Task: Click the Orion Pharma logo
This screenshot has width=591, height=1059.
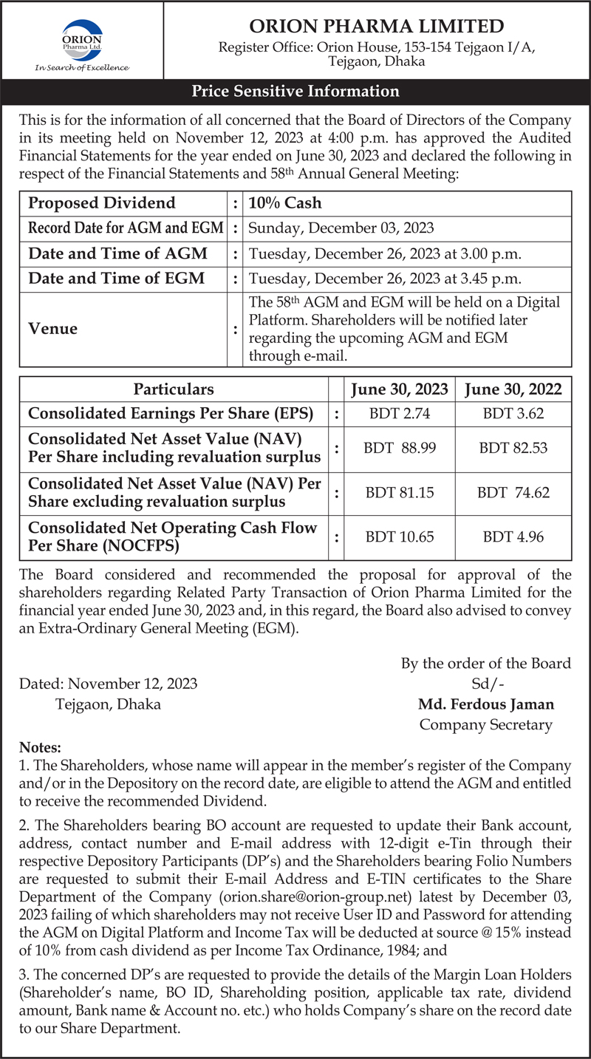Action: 81,42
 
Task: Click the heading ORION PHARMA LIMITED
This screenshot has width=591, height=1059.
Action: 377,27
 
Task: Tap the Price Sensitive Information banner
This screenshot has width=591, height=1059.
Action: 295,92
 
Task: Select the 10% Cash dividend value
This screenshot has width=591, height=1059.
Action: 285,203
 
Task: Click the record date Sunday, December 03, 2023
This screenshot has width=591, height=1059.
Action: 341,228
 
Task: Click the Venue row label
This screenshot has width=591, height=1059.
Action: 52,329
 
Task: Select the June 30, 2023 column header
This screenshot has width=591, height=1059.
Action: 400,389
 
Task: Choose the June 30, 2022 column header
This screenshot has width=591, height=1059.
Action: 513,389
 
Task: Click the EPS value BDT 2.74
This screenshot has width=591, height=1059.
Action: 400,414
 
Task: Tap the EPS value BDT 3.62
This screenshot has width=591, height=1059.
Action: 513,414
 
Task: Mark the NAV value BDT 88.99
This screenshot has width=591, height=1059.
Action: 400,448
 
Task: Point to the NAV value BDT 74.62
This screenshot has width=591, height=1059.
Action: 513,493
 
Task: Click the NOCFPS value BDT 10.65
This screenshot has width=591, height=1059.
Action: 400,537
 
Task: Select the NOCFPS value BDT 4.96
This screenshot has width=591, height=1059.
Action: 513,537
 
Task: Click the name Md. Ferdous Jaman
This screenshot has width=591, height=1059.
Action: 485,704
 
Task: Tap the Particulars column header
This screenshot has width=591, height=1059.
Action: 174,389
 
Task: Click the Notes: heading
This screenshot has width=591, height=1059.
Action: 41,748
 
